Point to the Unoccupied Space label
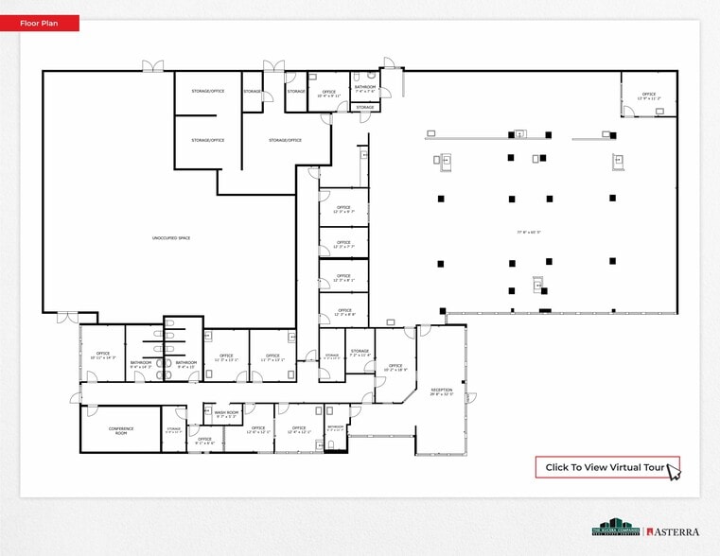pyautogui.click(x=171, y=237)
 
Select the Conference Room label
pyautogui.click(x=120, y=430)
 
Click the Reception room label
pyautogui.click(x=442, y=391)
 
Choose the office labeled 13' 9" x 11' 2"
pyautogui.click(x=649, y=96)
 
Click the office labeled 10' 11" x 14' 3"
pyautogui.click(x=102, y=356)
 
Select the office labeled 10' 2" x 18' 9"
pyautogui.click(x=395, y=367)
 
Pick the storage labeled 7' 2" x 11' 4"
pyautogui.click(x=360, y=353)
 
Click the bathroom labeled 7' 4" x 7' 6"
pyautogui.click(x=366, y=89)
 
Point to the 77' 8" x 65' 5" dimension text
pyautogui.click(x=528, y=232)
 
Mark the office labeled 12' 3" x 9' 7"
pyautogui.click(x=342, y=209)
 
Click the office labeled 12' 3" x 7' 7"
pyautogui.click(x=342, y=244)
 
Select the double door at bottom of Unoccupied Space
pyautogui.click(x=67, y=317)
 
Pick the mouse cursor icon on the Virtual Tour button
pyautogui.click(x=674, y=471)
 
